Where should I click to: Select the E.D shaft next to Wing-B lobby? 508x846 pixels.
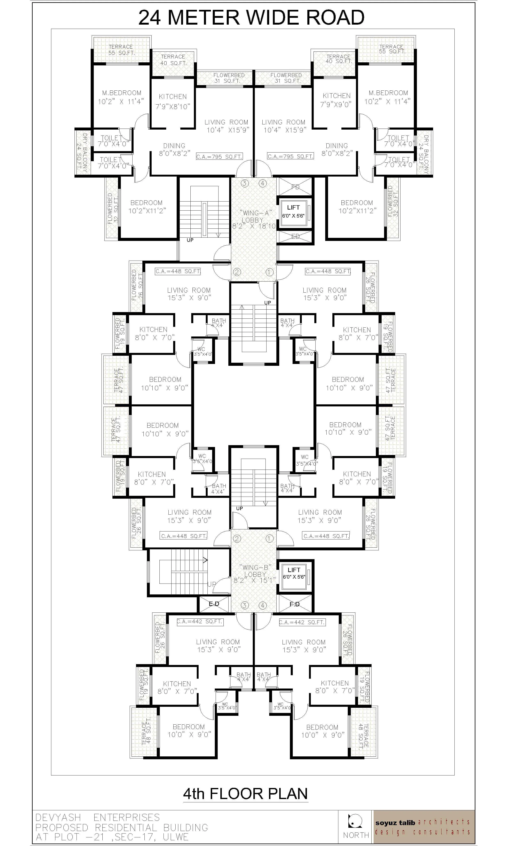tap(214, 604)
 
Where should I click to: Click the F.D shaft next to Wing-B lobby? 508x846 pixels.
tap(295, 604)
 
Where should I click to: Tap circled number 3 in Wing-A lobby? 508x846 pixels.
tap(244, 183)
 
